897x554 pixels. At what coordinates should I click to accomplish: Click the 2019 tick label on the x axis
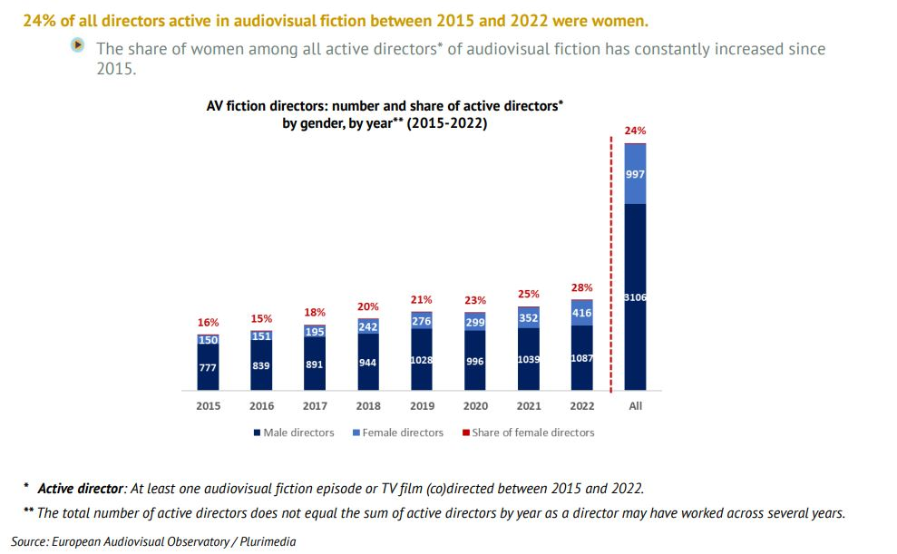[422, 406]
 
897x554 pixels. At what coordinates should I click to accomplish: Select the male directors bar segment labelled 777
[209, 367]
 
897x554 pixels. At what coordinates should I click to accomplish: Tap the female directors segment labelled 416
[581, 313]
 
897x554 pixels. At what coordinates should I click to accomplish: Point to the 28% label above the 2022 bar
[581, 287]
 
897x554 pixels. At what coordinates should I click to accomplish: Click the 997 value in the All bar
[636, 174]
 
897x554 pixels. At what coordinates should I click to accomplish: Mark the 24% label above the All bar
[636, 131]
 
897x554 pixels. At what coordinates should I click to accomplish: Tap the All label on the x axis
[636, 406]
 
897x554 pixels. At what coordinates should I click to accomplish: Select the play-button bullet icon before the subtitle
[80, 45]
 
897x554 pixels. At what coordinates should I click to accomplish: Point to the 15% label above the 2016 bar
[262, 319]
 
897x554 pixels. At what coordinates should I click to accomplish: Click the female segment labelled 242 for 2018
[368, 326]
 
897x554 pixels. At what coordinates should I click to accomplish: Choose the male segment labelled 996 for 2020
[475, 361]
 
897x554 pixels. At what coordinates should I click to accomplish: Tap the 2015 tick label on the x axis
[209, 406]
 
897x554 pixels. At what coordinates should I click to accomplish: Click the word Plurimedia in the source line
[265, 541]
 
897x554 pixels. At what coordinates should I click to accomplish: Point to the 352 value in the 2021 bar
[529, 317]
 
